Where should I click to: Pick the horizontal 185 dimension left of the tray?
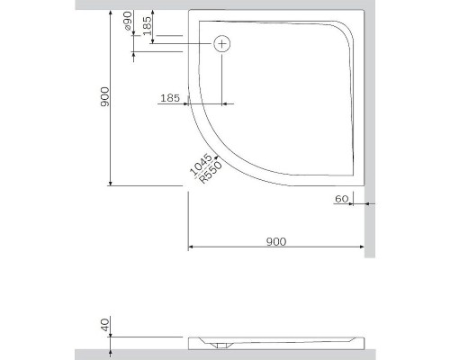tap(171, 97)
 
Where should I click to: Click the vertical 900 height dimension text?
tap(104, 98)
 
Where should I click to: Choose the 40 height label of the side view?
tap(104, 326)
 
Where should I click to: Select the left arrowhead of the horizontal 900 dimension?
tap(191, 247)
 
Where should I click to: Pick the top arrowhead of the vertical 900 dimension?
tap(110, 13)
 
